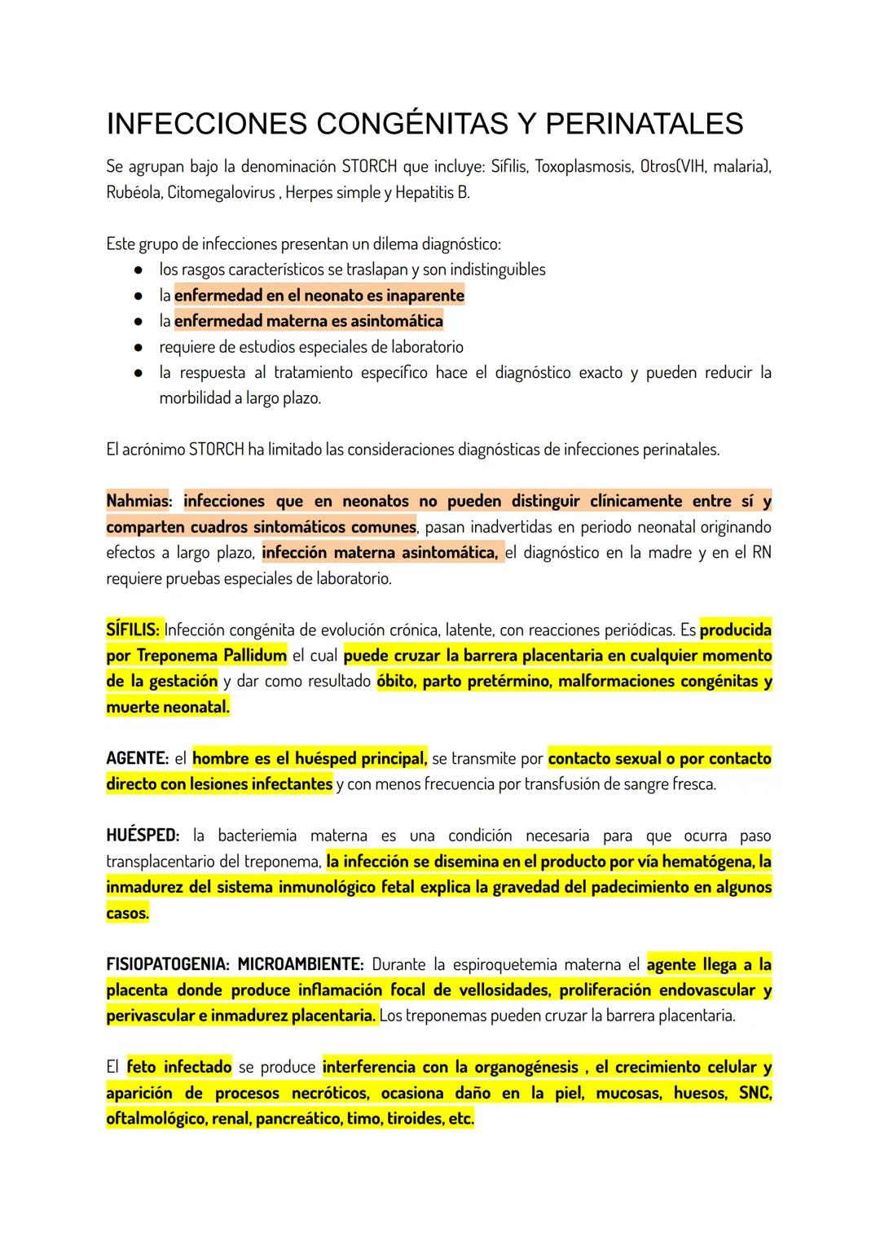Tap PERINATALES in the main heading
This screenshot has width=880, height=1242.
[x=644, y=125]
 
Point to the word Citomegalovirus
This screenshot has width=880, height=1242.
[x=221, y=193]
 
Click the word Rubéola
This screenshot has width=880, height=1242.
[x=133, y=193]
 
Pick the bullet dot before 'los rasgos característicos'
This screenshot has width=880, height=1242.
[x=139, y=270]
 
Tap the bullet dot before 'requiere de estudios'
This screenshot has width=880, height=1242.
[x=139, y=347]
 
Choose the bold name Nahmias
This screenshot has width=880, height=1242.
[x=136, y=501]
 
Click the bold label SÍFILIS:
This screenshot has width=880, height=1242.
[x=134, y=630]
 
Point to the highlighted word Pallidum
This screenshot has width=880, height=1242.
[x=254, y=656]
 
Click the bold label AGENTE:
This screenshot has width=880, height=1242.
[x=137, y=759]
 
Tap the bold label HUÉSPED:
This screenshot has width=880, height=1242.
[x=143, y=836]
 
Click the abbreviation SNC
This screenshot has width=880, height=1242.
[x=755, y=1094]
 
